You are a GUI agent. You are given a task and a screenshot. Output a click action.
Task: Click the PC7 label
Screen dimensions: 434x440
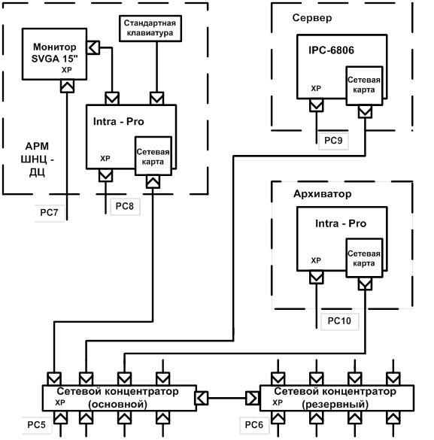pos(49,212)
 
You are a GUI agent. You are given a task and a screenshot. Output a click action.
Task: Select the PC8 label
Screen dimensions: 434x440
pos(125,206)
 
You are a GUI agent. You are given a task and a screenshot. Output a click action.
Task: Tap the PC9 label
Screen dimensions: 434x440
pos(333,141)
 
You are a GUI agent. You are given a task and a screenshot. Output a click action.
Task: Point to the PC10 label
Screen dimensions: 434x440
pos(339,320)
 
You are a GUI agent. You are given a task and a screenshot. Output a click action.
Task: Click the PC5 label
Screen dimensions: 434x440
pos(36,424)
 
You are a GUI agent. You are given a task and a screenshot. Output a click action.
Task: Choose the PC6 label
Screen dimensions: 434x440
pos(254,424)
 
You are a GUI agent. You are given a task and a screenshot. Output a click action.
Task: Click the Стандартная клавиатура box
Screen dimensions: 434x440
pos(150,29)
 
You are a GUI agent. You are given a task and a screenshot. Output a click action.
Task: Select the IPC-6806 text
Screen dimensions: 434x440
pos(331,50)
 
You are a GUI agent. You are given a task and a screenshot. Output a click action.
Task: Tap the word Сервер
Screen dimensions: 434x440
pos(312,18)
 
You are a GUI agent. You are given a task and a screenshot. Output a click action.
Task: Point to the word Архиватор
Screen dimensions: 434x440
pos(323,193)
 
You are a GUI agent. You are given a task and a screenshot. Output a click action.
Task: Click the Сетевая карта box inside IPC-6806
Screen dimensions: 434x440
pos(364,86)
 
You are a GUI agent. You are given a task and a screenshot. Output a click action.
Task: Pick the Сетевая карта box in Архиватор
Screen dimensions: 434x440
pos(364,258)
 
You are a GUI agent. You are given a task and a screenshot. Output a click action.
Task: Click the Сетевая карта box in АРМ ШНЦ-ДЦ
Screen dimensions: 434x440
pos(153,156)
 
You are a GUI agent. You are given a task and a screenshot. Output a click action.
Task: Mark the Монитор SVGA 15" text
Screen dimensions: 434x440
pos(54,53)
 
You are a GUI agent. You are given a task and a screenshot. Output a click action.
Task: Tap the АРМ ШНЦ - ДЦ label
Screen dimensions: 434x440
pos(38,159)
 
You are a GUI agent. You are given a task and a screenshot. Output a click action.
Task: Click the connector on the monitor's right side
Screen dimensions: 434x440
pos(93,47)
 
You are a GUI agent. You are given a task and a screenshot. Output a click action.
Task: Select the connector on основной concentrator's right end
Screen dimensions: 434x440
pos(202,398)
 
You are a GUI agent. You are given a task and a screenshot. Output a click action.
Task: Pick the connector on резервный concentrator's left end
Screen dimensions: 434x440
pos(253,398)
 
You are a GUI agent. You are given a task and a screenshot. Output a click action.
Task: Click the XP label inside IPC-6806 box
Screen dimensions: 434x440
pos(316,89)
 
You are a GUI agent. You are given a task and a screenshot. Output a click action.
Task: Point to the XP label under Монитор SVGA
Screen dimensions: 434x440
pos(67,70)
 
